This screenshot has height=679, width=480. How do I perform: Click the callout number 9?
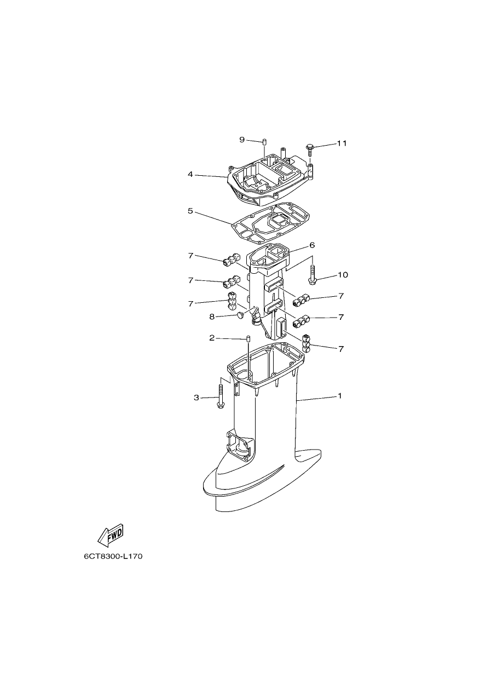coord(241,140)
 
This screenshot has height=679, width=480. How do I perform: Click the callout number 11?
coord(342,143)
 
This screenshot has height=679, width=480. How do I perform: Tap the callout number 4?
coord(190,174)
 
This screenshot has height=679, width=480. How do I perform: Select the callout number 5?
coord(190,211)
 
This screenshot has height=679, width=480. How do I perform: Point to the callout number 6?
coord(312,245)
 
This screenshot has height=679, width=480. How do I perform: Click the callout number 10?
coord(343,275)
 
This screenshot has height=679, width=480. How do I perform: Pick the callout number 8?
coord(212,317)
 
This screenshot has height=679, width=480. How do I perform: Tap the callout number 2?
coord(212,338)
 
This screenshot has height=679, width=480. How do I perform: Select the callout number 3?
coord(196,398)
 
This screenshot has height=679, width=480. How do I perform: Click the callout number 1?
coord(340,395)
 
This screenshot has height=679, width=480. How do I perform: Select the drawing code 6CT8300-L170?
coord(113,556)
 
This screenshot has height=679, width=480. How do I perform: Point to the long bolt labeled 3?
coord(220,396)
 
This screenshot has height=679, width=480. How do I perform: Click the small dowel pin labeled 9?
coord(264,142)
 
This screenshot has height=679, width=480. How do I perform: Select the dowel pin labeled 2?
coord(247,338)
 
